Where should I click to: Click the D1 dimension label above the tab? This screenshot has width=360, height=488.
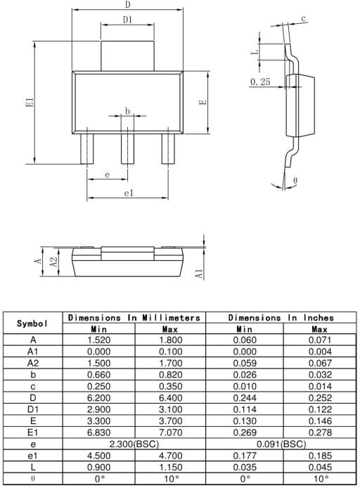[x=127, y=20]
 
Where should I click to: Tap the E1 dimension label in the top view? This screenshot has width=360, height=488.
[x=30, y=103]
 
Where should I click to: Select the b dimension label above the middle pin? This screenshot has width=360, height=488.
[x=127, y=110]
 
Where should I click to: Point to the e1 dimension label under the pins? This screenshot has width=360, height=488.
[x=129, y=193]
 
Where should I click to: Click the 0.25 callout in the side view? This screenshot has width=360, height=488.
[x=260, y=82]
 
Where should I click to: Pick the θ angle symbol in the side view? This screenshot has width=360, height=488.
[x=295, y=180]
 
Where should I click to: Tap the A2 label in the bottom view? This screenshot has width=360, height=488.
[x=54, y=262]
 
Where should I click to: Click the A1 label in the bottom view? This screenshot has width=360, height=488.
[x=199, y=274]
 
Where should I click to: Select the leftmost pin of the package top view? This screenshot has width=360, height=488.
[x=86, y=149]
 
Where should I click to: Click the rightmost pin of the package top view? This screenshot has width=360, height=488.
[x=168, y=149]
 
